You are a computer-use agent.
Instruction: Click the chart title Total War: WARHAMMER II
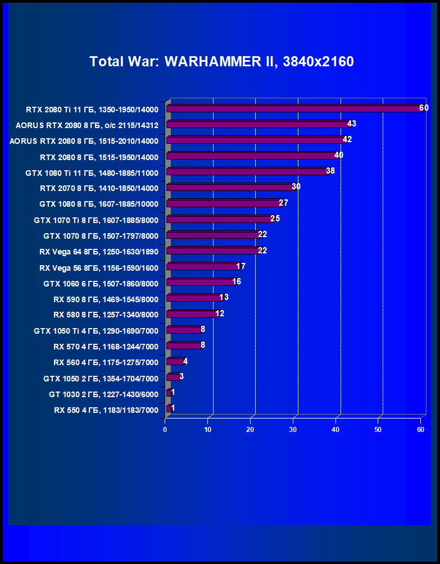(221, 61)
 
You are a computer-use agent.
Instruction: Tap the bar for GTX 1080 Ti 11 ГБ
(247, 171)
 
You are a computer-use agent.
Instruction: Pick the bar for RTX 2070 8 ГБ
(230, 187)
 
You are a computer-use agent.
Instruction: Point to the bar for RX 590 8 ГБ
(194, 298)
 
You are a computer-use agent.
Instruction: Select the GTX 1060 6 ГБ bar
(200, 282)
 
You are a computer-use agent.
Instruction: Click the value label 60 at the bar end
(424, 108)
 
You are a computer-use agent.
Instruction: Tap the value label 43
(352, 124)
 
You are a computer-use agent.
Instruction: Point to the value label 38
(330, 171)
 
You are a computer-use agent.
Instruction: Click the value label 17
(241, 266)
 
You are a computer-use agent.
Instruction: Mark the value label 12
(220, 313)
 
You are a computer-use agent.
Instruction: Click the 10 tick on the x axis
(208, 430)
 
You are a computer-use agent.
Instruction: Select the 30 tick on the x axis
(293, 430)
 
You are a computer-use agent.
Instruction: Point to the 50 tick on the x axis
(378, 430)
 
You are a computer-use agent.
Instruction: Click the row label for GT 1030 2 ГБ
(103, 394)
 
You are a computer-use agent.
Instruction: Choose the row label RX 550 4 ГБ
(106, 410)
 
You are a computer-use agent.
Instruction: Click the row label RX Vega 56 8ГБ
(99, 268)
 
